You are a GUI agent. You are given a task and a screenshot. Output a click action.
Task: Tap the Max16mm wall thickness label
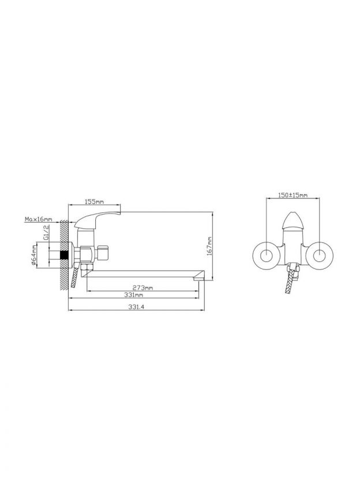click(x=39, y=219)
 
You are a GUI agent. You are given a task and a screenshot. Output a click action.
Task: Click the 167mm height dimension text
click(x=209, y=246)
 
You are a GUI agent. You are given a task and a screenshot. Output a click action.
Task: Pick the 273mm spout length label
click(x=142, y=288)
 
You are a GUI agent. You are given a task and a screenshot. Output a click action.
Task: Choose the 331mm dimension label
click(x=133, y=295)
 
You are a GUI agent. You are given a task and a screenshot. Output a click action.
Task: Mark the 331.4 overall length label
click(x=136, y=307)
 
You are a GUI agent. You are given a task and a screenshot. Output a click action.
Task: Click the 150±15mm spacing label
click(x=292, y=194)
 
